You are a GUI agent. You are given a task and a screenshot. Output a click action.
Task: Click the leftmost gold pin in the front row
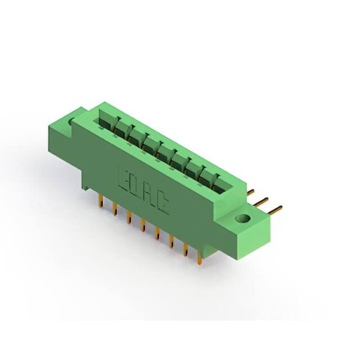[101, 200]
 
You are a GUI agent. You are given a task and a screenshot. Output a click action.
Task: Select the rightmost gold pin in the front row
[199, 256]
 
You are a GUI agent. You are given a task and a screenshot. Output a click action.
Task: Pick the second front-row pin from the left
[115, 209]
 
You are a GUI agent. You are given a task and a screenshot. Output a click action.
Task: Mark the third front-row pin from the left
[129, 217]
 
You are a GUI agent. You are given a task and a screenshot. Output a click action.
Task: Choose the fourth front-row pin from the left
[143, 225]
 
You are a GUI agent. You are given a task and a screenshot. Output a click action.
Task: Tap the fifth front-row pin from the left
[157, 233]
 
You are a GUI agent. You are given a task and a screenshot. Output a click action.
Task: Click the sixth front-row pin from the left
[172, 241]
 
